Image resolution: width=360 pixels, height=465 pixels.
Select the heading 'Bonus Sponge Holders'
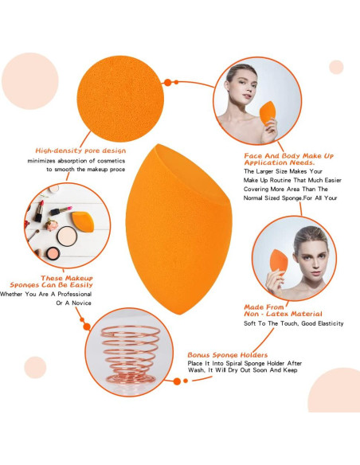click(227, 354)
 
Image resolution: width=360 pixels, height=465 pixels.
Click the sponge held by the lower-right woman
click(279, 268)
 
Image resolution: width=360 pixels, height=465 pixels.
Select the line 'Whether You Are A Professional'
click(45, 295)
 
